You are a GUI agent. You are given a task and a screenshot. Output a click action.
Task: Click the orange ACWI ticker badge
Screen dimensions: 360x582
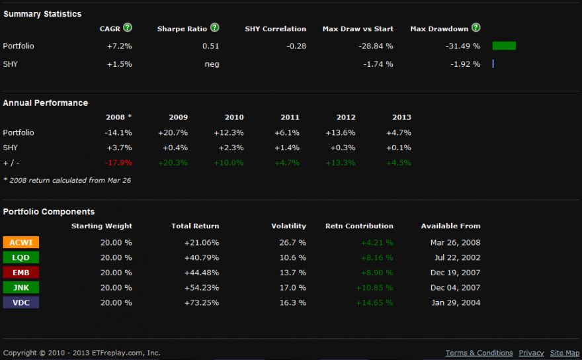tap(21, 242)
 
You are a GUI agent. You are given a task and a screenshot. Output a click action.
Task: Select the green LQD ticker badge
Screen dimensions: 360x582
tap(21, 257)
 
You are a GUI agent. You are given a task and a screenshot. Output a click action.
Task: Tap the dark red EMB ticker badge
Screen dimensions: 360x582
tap(21, 272)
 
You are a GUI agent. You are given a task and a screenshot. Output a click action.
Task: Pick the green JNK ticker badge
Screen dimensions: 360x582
tap(21, 287)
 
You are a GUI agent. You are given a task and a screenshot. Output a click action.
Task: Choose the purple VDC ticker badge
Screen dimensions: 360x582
tap(21, 302)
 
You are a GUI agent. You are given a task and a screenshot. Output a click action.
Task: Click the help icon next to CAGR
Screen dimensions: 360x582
tap(128, 28)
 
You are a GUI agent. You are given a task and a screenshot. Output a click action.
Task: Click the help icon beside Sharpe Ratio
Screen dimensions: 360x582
tap(214, 28)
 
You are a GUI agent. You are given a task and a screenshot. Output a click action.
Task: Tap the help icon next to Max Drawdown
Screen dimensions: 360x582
tap(476, 28)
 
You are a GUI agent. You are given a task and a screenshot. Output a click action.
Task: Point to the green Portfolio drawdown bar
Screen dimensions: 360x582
tap(504, 46)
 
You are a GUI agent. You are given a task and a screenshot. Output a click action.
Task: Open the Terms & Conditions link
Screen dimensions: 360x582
tap(479, 353)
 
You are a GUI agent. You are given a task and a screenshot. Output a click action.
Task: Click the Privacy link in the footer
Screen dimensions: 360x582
tap(531, 353)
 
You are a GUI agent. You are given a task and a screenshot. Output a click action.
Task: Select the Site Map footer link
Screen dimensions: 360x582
tap(565, 353)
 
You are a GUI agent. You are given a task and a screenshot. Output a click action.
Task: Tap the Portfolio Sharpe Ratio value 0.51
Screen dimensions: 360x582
tap(210, 46)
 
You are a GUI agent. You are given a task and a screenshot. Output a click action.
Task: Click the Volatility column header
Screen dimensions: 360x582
tap(288, 226)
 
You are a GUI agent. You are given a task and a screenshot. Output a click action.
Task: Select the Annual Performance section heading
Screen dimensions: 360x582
tap(45, 103)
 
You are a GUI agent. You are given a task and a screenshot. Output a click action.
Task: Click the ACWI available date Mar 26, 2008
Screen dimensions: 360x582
tap(455, 243)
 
